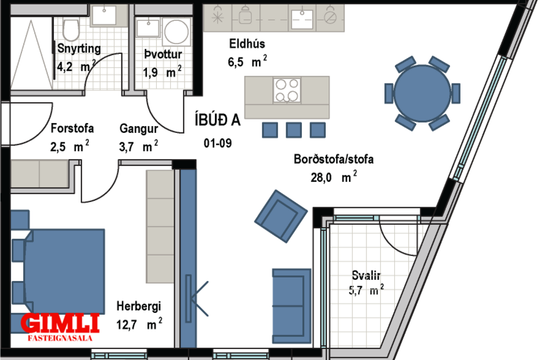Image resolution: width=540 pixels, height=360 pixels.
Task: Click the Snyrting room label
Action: click(x=79, y=49)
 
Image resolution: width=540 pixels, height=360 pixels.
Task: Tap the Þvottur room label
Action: click(x=163, y=55)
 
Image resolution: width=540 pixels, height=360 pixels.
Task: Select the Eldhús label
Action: click(x=248, y=43)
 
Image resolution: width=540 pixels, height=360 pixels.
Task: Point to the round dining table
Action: click(x=422, y=93)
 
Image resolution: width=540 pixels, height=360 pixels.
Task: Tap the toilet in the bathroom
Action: click(x=71, y=28)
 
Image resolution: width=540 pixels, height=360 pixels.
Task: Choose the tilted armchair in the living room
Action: click(x=280, y=215)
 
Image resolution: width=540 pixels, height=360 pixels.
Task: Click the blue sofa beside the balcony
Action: click(x=291, y=305)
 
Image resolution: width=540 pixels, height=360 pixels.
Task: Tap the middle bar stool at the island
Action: click(x=294, y=130)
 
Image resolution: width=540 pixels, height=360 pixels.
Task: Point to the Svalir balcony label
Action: click(x=366, y=276)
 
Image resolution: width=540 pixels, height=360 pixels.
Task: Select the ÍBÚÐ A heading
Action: click(x=218, y=120)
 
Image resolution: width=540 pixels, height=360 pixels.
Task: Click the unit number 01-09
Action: click(x=218, y=143)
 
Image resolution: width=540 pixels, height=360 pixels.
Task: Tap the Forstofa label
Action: click(x=72, y=128)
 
